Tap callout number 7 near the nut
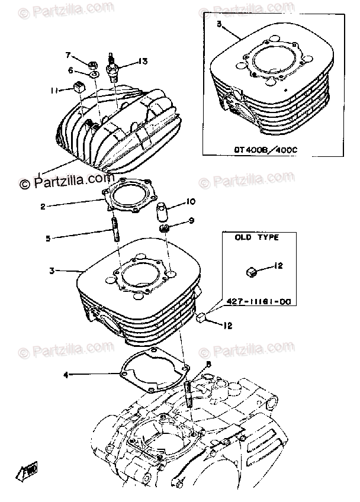tap(68, 56)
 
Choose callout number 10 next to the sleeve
tap(191, 201)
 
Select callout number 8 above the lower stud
tap(208, 365)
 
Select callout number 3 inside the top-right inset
tap(219, 25)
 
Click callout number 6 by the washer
tap(70, 70)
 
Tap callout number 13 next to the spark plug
tap(142, 61)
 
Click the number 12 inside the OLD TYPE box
tap(279, 267)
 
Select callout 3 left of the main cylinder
tap(52, 271)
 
